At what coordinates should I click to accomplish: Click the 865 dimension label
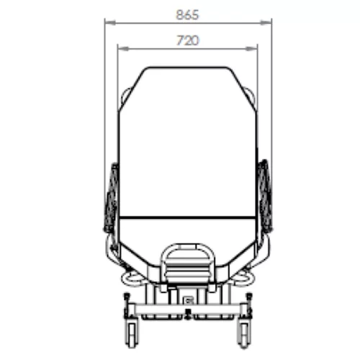tap(187, 15)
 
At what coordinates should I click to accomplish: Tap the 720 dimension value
tap(188, 40)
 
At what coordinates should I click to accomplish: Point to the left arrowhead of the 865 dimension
tap(110, 23)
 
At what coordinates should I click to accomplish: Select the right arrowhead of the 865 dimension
tap(266, 23)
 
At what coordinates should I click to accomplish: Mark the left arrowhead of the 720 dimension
tap(123, 49)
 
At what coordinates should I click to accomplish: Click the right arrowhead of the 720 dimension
tap(252, 49)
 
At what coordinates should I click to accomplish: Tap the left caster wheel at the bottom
tap(131, 336)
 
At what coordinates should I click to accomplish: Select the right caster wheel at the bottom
tap(244, 336)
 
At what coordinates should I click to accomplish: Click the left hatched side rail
tap(111, 198)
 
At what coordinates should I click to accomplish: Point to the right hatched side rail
tap(265, 196)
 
